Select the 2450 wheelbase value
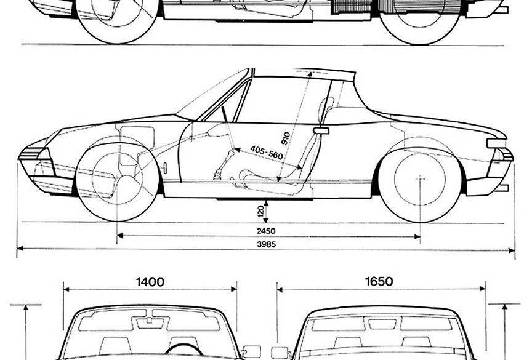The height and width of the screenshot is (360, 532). (x=267, y=231)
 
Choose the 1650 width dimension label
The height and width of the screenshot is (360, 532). (x=378, y=282)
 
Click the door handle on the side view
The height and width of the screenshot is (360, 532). (x=321, y=130)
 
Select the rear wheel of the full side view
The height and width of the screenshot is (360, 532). (x=419, y=178)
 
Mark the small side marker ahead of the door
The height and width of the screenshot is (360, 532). (x=166, y=167)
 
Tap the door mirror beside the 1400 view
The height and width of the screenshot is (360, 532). (x=251, y=351)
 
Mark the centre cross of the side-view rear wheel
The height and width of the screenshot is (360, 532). (x=421, y=178)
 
